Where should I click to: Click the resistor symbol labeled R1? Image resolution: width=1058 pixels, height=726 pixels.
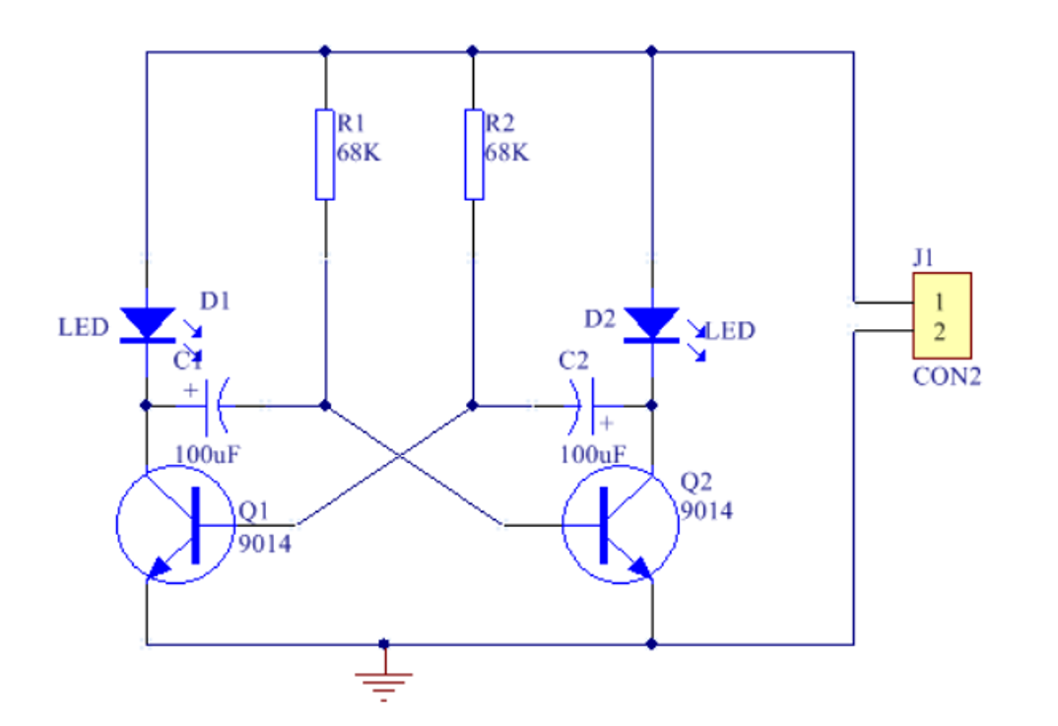[325, 155]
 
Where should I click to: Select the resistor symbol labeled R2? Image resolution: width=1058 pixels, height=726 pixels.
[474, 155]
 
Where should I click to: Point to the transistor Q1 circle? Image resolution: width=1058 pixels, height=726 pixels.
[175, 524]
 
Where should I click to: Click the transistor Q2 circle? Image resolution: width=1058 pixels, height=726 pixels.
[621, 524]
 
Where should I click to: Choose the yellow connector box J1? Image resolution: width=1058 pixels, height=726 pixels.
[942, 315]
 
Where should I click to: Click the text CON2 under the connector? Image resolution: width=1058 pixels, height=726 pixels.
[947, 377]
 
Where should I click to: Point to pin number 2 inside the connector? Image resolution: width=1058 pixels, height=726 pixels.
[940, 331]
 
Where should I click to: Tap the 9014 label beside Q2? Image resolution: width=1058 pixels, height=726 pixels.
[706, 511]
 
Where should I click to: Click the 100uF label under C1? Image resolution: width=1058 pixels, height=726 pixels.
[208, 454]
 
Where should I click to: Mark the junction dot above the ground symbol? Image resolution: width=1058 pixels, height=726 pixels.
[383, 644]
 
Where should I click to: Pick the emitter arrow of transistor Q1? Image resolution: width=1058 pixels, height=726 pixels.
[158, 567]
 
